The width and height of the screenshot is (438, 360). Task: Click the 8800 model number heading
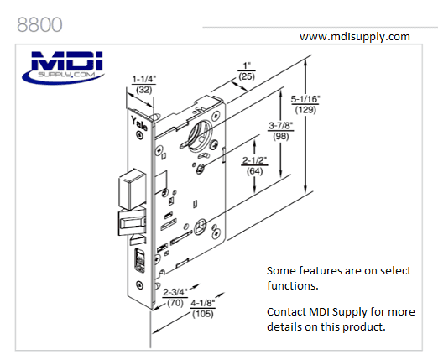[x=39, y=23]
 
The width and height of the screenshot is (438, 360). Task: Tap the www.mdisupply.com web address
[x=354, y=36]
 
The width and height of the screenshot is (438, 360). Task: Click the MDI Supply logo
[x=66, y=65]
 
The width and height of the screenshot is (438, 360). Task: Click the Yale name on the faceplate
[x=138, y=126]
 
